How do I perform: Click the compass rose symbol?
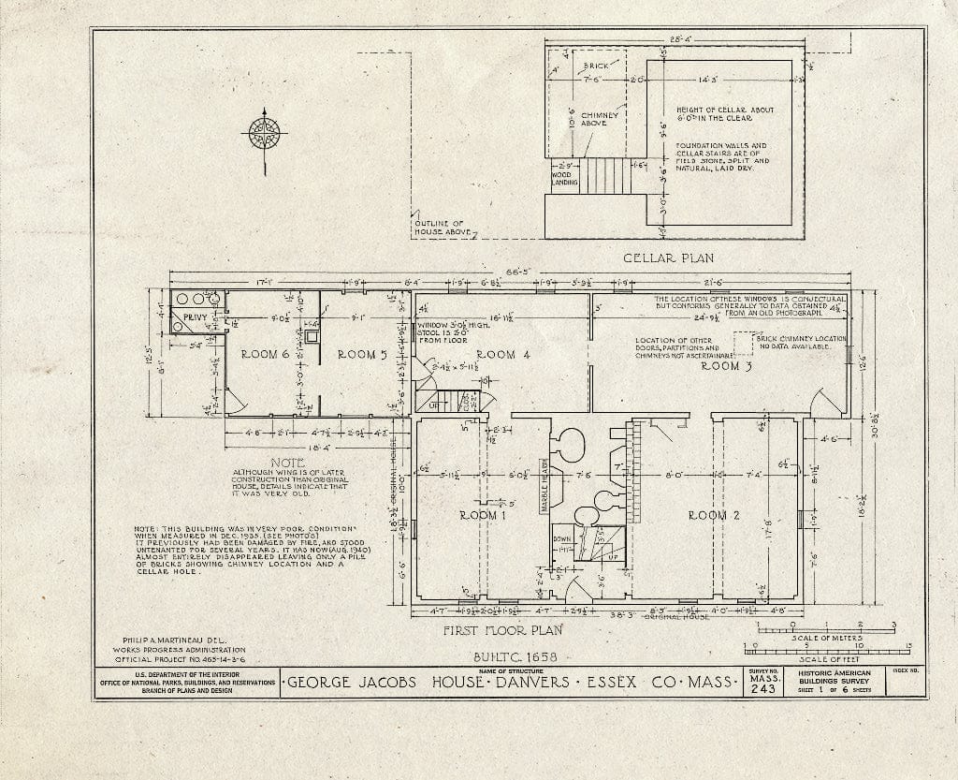(266, 133)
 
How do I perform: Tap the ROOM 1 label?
(483, 515)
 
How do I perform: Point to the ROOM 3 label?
(727, 366)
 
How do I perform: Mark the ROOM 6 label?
(266, 354)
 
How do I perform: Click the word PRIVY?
(195, 318)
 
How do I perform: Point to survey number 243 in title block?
(762, 689)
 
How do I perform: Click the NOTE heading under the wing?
(281, 463)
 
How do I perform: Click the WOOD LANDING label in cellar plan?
(564, 178)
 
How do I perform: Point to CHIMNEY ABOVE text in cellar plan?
(593, 119)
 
